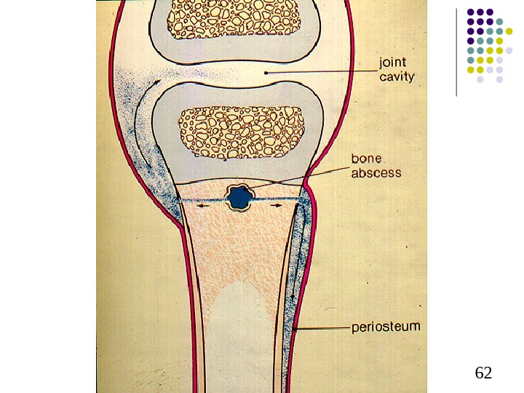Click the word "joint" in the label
point(393,63)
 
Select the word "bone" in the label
point(367,159)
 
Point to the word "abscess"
point(376,172)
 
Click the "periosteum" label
point(386,327)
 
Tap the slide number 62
point(483,373)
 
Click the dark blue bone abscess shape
point(238,198)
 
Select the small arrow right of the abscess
point(277,207)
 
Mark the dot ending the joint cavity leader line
point(267,73)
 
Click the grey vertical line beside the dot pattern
point(457,51)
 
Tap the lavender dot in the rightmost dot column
point(509,50)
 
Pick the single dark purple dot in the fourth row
point(471,41)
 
